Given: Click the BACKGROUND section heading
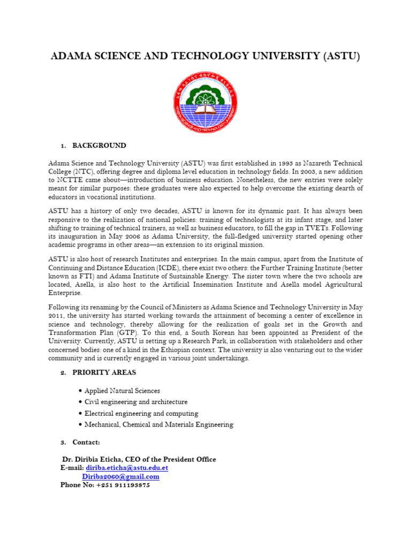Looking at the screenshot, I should tap(99, 146).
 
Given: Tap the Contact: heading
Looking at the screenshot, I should tap(86, 442).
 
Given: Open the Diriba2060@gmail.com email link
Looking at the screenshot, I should tap(120, 476).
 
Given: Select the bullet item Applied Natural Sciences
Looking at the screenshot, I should tap(122, 391).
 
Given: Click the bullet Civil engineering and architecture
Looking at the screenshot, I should tap(136, 402).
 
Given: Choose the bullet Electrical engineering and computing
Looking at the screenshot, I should tap(141, 413).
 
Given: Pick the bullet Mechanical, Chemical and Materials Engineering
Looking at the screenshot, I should tap(159, 424).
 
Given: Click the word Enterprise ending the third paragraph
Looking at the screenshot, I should tap(65, 293).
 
